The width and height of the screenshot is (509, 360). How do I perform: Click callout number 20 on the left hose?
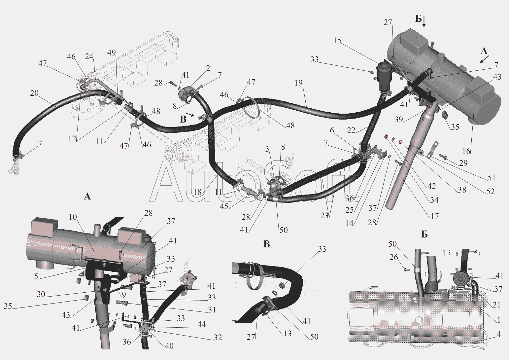pos(34,93)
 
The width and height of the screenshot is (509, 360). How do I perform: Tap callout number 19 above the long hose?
pos(299,83)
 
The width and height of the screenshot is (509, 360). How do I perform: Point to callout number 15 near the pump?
pos(338,41)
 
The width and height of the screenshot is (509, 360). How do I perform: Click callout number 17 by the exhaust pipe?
pos(435,216)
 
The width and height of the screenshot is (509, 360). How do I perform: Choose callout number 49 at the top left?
pos(111,53)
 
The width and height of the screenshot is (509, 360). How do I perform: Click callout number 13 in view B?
pos(287,333)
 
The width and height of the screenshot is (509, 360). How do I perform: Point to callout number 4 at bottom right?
pos(498,334)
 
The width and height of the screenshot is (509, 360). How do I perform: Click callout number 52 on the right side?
pos(491,192)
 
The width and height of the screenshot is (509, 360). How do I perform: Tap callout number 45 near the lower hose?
pos(224,207)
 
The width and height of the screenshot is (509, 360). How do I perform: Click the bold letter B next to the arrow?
pos(183,119)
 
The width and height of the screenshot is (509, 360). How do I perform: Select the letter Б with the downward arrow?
pos(419,19)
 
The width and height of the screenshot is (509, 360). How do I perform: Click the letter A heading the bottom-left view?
pos(87,196)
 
